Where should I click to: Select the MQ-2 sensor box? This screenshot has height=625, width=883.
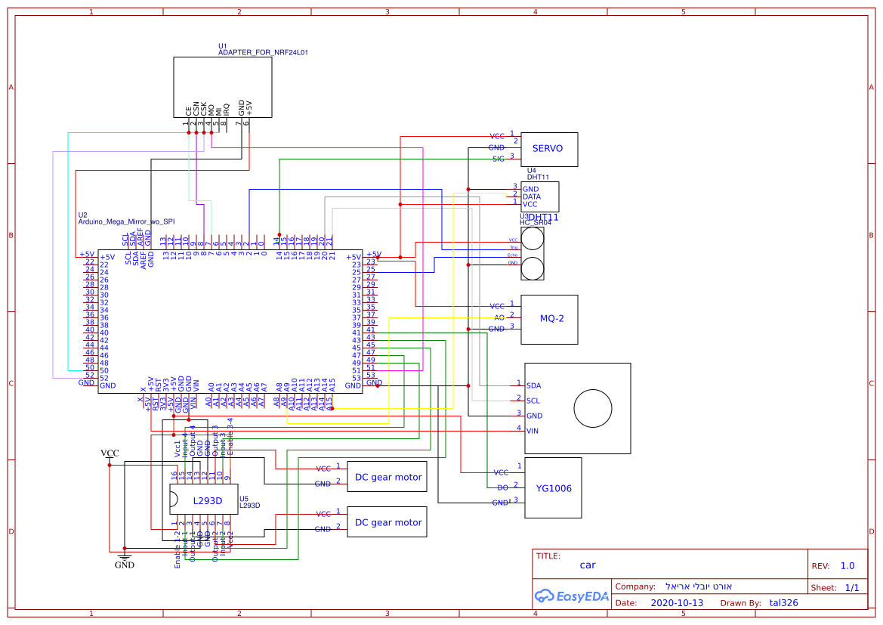pyautogui.click(x=551, y=318)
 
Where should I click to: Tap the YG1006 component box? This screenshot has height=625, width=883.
pyautogui.click(x=553, y=488)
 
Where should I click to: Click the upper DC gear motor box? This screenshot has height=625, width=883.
pyautogui.click(x=387, y=477)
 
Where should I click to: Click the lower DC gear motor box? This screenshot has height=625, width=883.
pyautogui.click(x=387, y=522)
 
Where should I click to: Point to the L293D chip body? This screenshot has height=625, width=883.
pyautogui.click(x=204, y=500)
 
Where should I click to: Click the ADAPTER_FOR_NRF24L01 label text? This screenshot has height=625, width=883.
pyautogui.click(x=262, y=53)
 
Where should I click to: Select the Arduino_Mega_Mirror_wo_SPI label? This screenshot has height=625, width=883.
pyautogui.click(x=126, y=222)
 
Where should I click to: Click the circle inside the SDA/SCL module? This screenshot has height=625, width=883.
pyautogui.click(x=592, y=409)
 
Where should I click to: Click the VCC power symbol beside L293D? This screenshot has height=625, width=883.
pyautogui.click(x=110, y=454)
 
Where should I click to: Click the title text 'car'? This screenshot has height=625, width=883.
pyautogui.click(x=588, y=565)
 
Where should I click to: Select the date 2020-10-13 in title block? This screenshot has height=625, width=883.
pyautogui.click(x=676, y=603)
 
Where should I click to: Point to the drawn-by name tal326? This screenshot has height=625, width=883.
pyautogui.click(x=783, y=603)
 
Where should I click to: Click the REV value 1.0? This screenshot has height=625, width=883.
pyautogui.click(x=847, y=565)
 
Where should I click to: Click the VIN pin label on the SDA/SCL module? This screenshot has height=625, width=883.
pyautogui.click(x=533, y=431)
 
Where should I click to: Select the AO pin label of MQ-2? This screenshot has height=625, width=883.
pyautogui.click(x=499, y=317)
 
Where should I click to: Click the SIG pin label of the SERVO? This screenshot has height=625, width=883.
pyautogui.click(x=498, y=159)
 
